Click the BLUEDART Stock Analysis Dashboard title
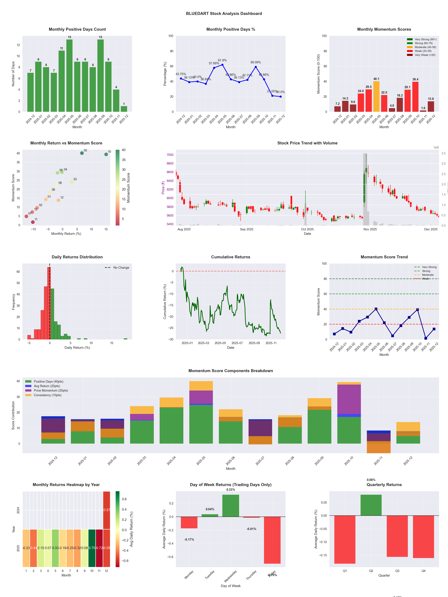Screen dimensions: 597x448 224,13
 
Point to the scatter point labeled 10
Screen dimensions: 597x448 106,154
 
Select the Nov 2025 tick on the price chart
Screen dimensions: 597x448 370,229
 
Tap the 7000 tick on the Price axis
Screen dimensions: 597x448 170,155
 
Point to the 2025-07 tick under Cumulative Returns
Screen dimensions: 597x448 237,343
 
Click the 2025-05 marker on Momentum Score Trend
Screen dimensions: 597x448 376,309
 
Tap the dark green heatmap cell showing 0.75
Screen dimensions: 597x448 92,548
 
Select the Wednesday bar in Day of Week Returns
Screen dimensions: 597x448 231,505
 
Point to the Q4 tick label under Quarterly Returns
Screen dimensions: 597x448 423,571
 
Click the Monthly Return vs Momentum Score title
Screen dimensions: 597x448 66,143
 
